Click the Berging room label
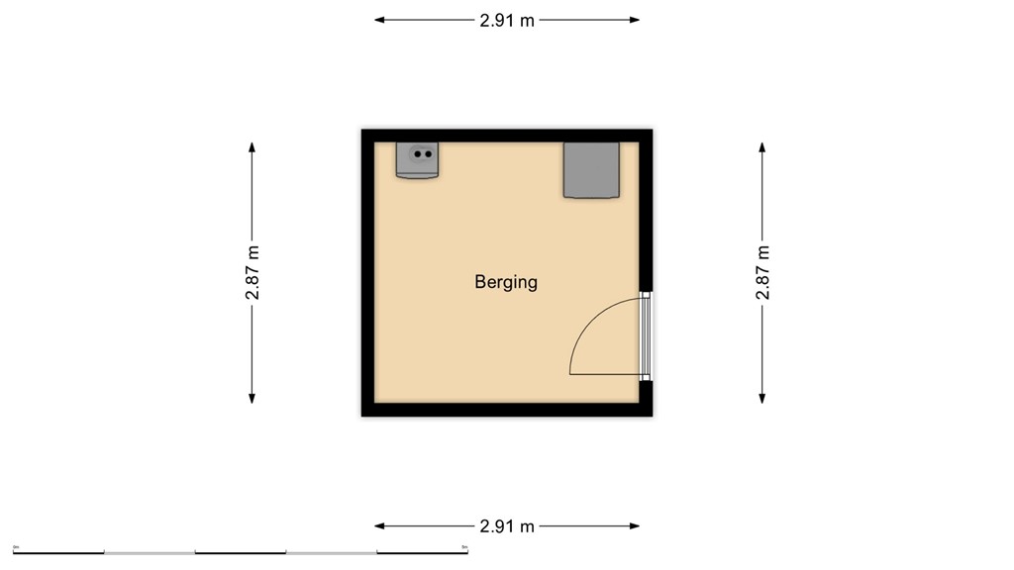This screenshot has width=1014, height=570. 506,282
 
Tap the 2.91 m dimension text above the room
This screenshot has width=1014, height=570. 507,20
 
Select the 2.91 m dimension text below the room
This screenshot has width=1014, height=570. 507,526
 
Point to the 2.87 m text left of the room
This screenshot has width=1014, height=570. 253,272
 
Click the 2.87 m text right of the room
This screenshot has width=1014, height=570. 762,272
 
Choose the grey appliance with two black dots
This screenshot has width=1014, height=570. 418,159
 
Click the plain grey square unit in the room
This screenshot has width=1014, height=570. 591,169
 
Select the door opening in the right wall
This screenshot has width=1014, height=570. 646,335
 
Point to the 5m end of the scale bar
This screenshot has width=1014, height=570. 465,549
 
